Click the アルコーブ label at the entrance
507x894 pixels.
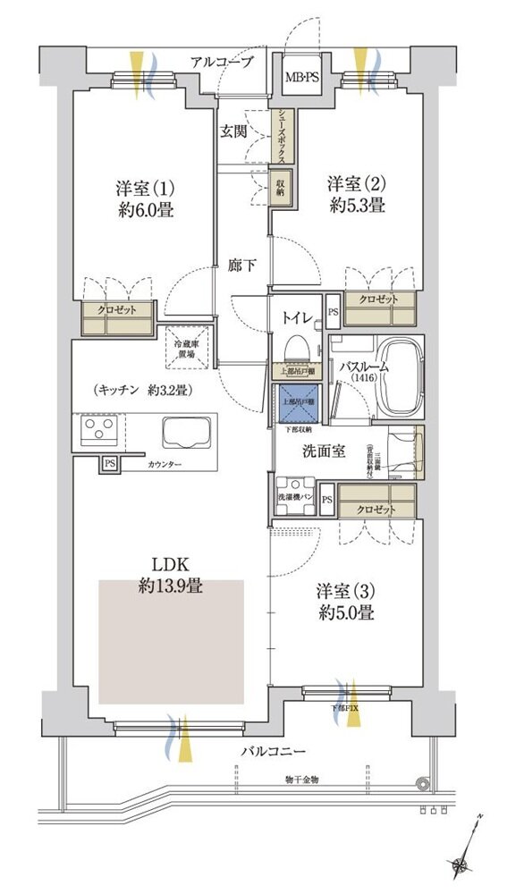click(x=222, y=61)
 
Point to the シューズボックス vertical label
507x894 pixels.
click(x=281, y=135)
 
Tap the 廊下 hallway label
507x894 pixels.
click(x=241, y=266)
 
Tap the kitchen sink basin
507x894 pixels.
click(x=184, y=433)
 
